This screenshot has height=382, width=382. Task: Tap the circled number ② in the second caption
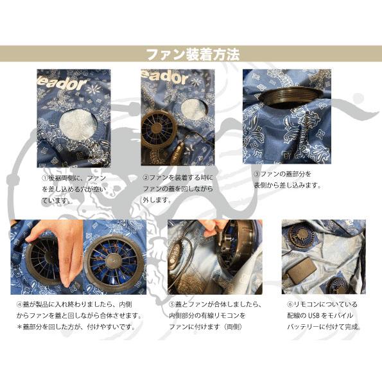point(146,177)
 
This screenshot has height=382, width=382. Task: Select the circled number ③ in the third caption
point(256,173)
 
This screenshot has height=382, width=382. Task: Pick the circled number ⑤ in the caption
point(172,304)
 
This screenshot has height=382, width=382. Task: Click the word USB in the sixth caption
point(316,315)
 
